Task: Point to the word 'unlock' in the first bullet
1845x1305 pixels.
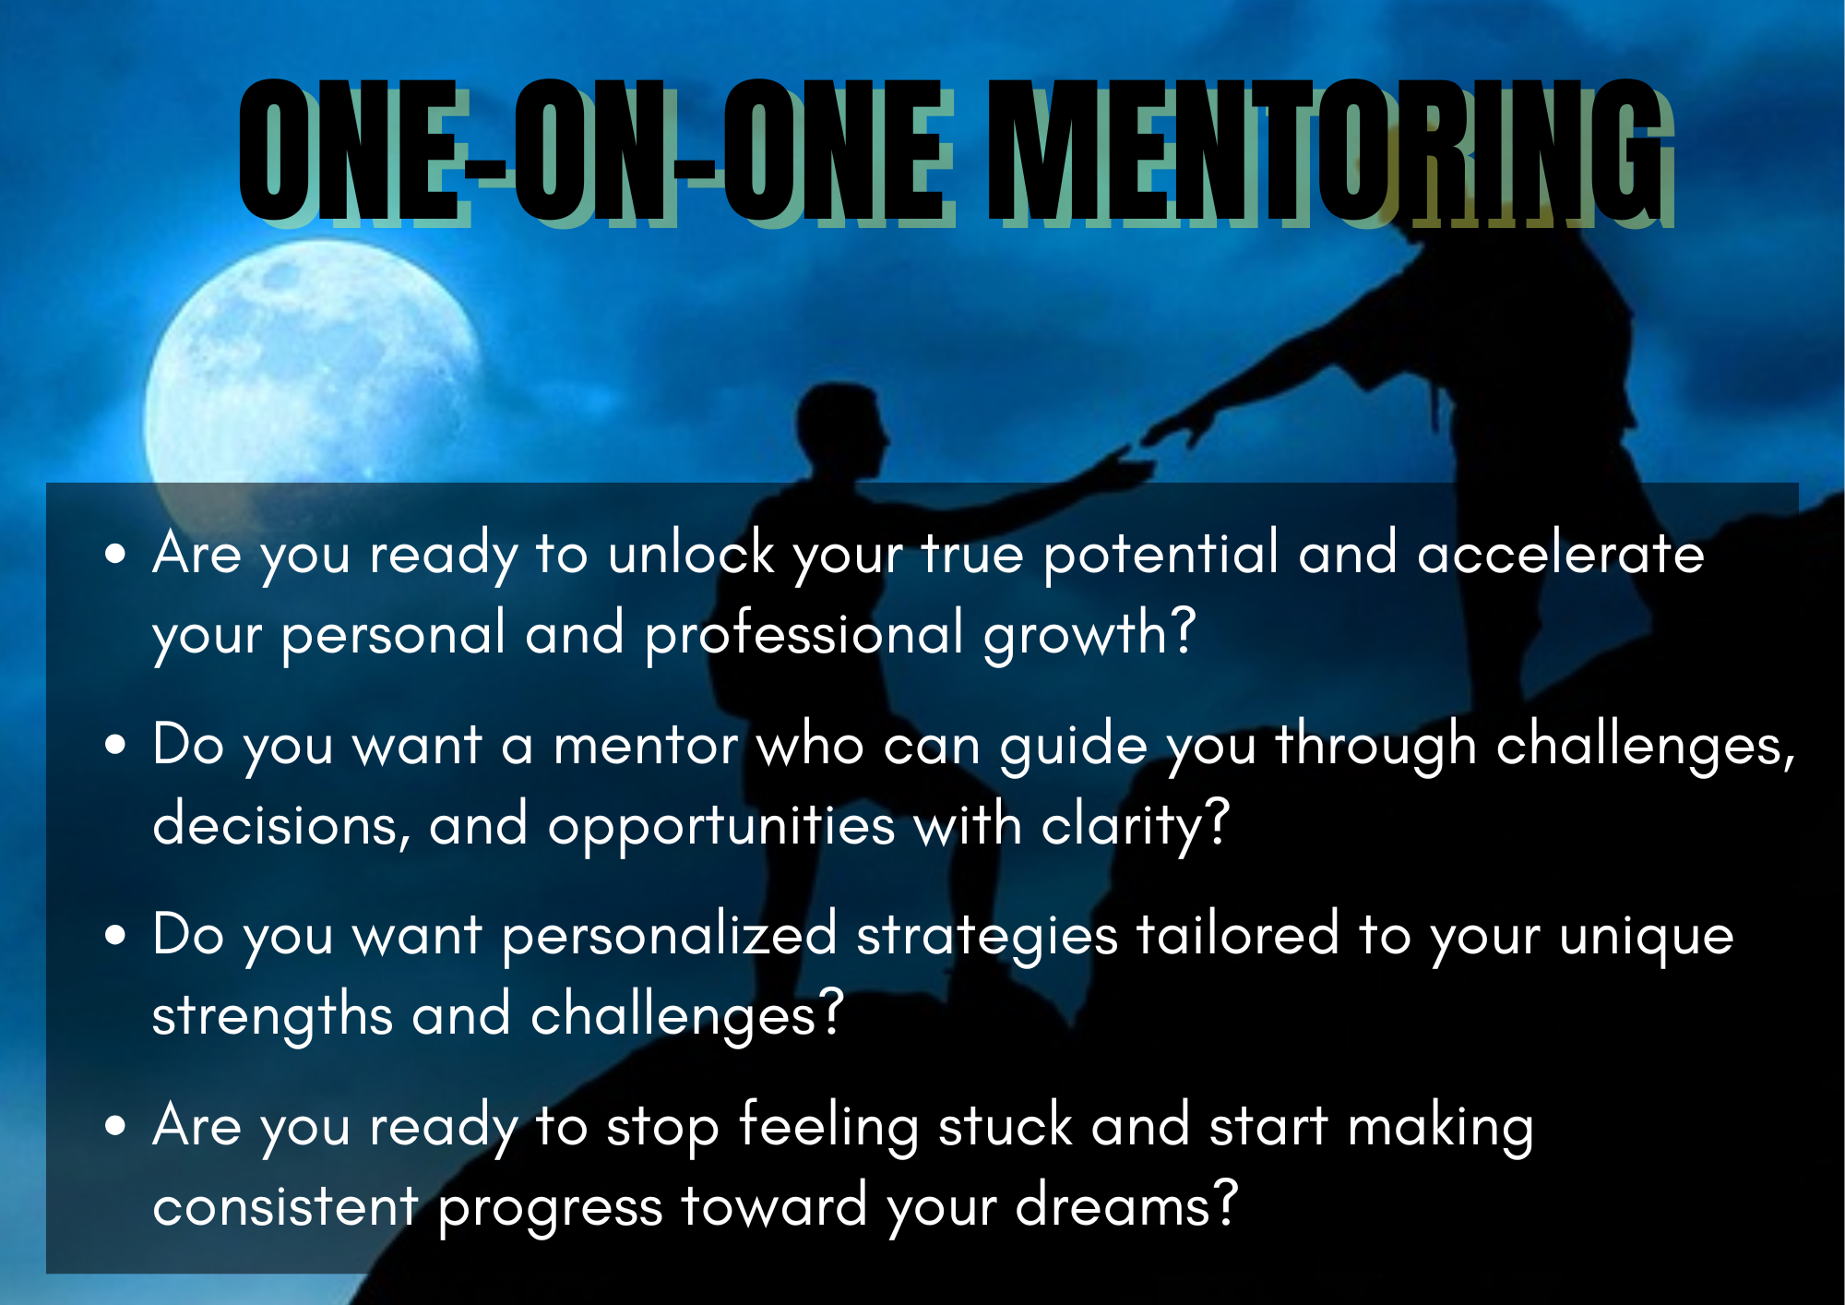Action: tap(691, 554)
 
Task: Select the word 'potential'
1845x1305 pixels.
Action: tap(1161, 554)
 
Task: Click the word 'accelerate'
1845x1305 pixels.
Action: tap(1561, 554)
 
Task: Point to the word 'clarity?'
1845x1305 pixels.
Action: tap(1136, 825)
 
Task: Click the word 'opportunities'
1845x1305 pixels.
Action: tap(721, 825)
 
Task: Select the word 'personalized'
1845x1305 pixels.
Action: tap(670, 936)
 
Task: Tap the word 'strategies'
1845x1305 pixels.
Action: tap(987, 936)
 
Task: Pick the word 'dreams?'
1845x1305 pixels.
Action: tap(1126, 1205)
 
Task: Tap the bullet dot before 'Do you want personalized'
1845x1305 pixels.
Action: tap(115, 934)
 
